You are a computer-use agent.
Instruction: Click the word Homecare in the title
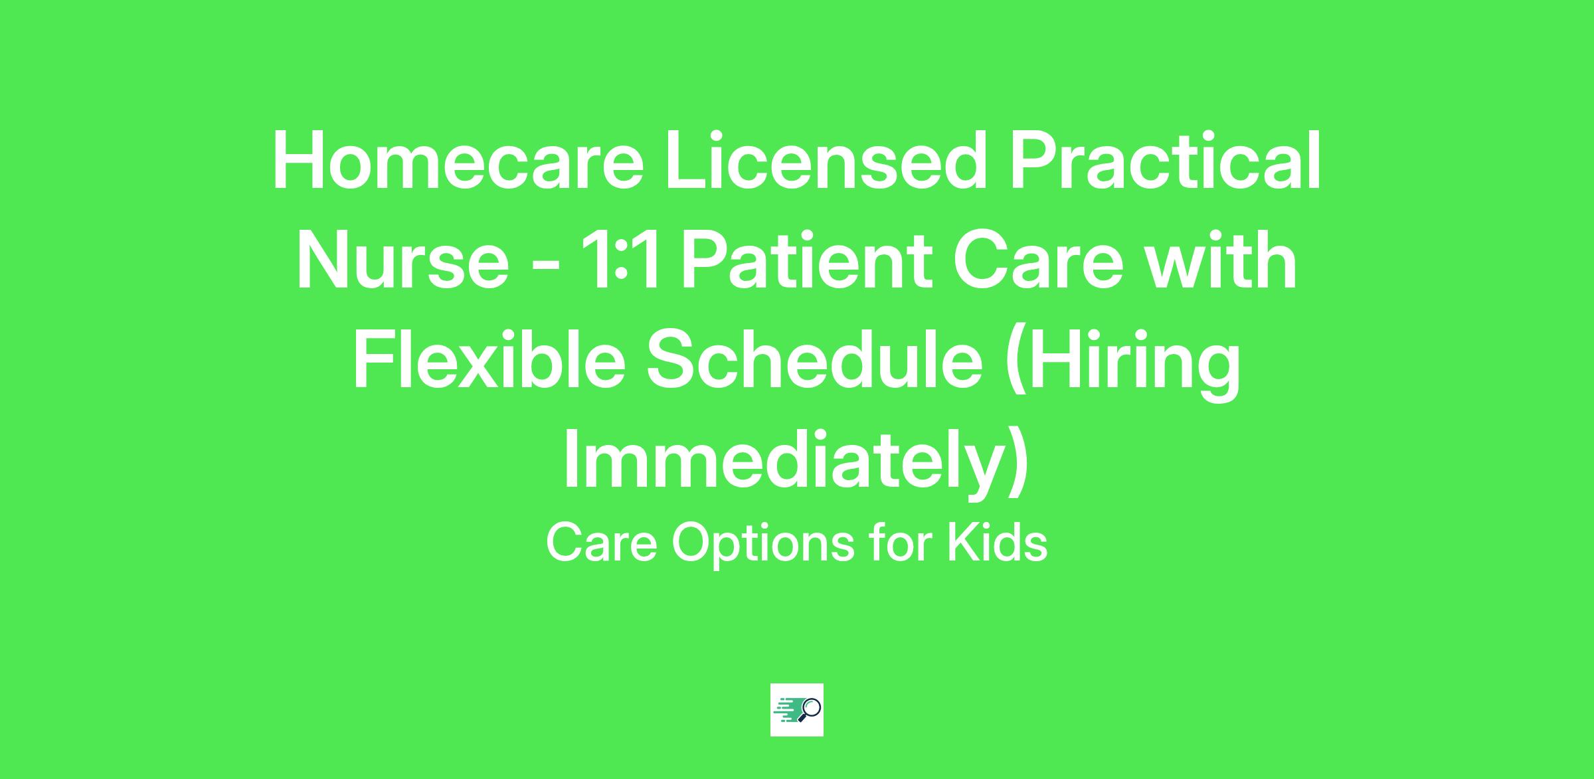[458, 161]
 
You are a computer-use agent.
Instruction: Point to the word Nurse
[402, 260]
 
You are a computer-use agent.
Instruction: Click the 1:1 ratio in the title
[620, 260]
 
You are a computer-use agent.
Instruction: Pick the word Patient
[806, 260]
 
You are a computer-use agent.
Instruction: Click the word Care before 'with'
[1037, 260]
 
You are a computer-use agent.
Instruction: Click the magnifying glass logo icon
[797, 710]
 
